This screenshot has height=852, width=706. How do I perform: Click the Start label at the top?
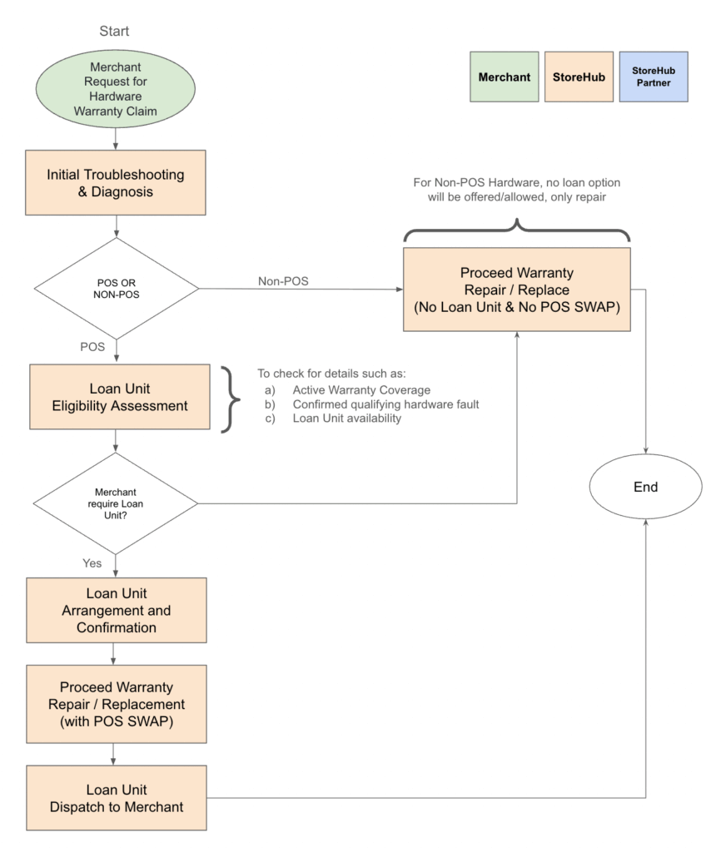(114, 31)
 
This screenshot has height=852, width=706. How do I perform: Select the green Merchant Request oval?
(116, 89)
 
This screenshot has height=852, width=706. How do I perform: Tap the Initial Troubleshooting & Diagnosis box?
(116, 182)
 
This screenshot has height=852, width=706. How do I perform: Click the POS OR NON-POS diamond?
(117, 289)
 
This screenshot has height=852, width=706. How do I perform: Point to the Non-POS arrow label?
(283, 281)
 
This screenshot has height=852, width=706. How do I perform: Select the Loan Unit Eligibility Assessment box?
(120, 397)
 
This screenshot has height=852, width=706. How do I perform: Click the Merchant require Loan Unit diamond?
(116, 503)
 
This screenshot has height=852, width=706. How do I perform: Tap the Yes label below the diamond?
(92, 563)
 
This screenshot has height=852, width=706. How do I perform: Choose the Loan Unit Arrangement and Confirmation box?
(117, 610)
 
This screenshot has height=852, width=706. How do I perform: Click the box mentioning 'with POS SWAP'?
(117, 704)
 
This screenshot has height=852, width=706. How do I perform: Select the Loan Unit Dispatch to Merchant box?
(117, 798)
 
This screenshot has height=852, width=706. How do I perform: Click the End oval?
(645, 487)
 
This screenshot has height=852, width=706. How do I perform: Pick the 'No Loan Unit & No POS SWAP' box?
(517, 290)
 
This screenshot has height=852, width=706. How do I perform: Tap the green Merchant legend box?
(505, 77)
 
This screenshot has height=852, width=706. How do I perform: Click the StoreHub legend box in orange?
(579, 77)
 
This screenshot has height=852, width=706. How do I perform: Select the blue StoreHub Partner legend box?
(654, 77)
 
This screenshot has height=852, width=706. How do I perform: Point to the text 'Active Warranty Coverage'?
(361, 390)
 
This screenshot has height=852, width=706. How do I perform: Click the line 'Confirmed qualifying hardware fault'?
(385, 404)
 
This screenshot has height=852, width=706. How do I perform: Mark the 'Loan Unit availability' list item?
(347, 419)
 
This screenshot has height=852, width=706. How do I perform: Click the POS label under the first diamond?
(92, 347)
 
